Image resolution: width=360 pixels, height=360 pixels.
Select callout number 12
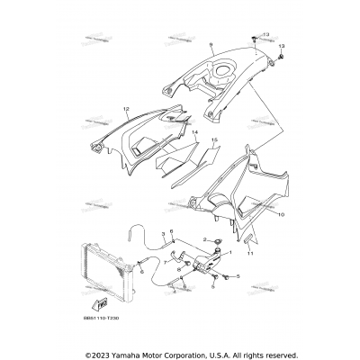(x=126, y=110)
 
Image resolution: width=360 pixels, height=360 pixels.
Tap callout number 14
(x=193, y=132)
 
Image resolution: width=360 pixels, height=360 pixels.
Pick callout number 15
(x=213, y=140)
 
